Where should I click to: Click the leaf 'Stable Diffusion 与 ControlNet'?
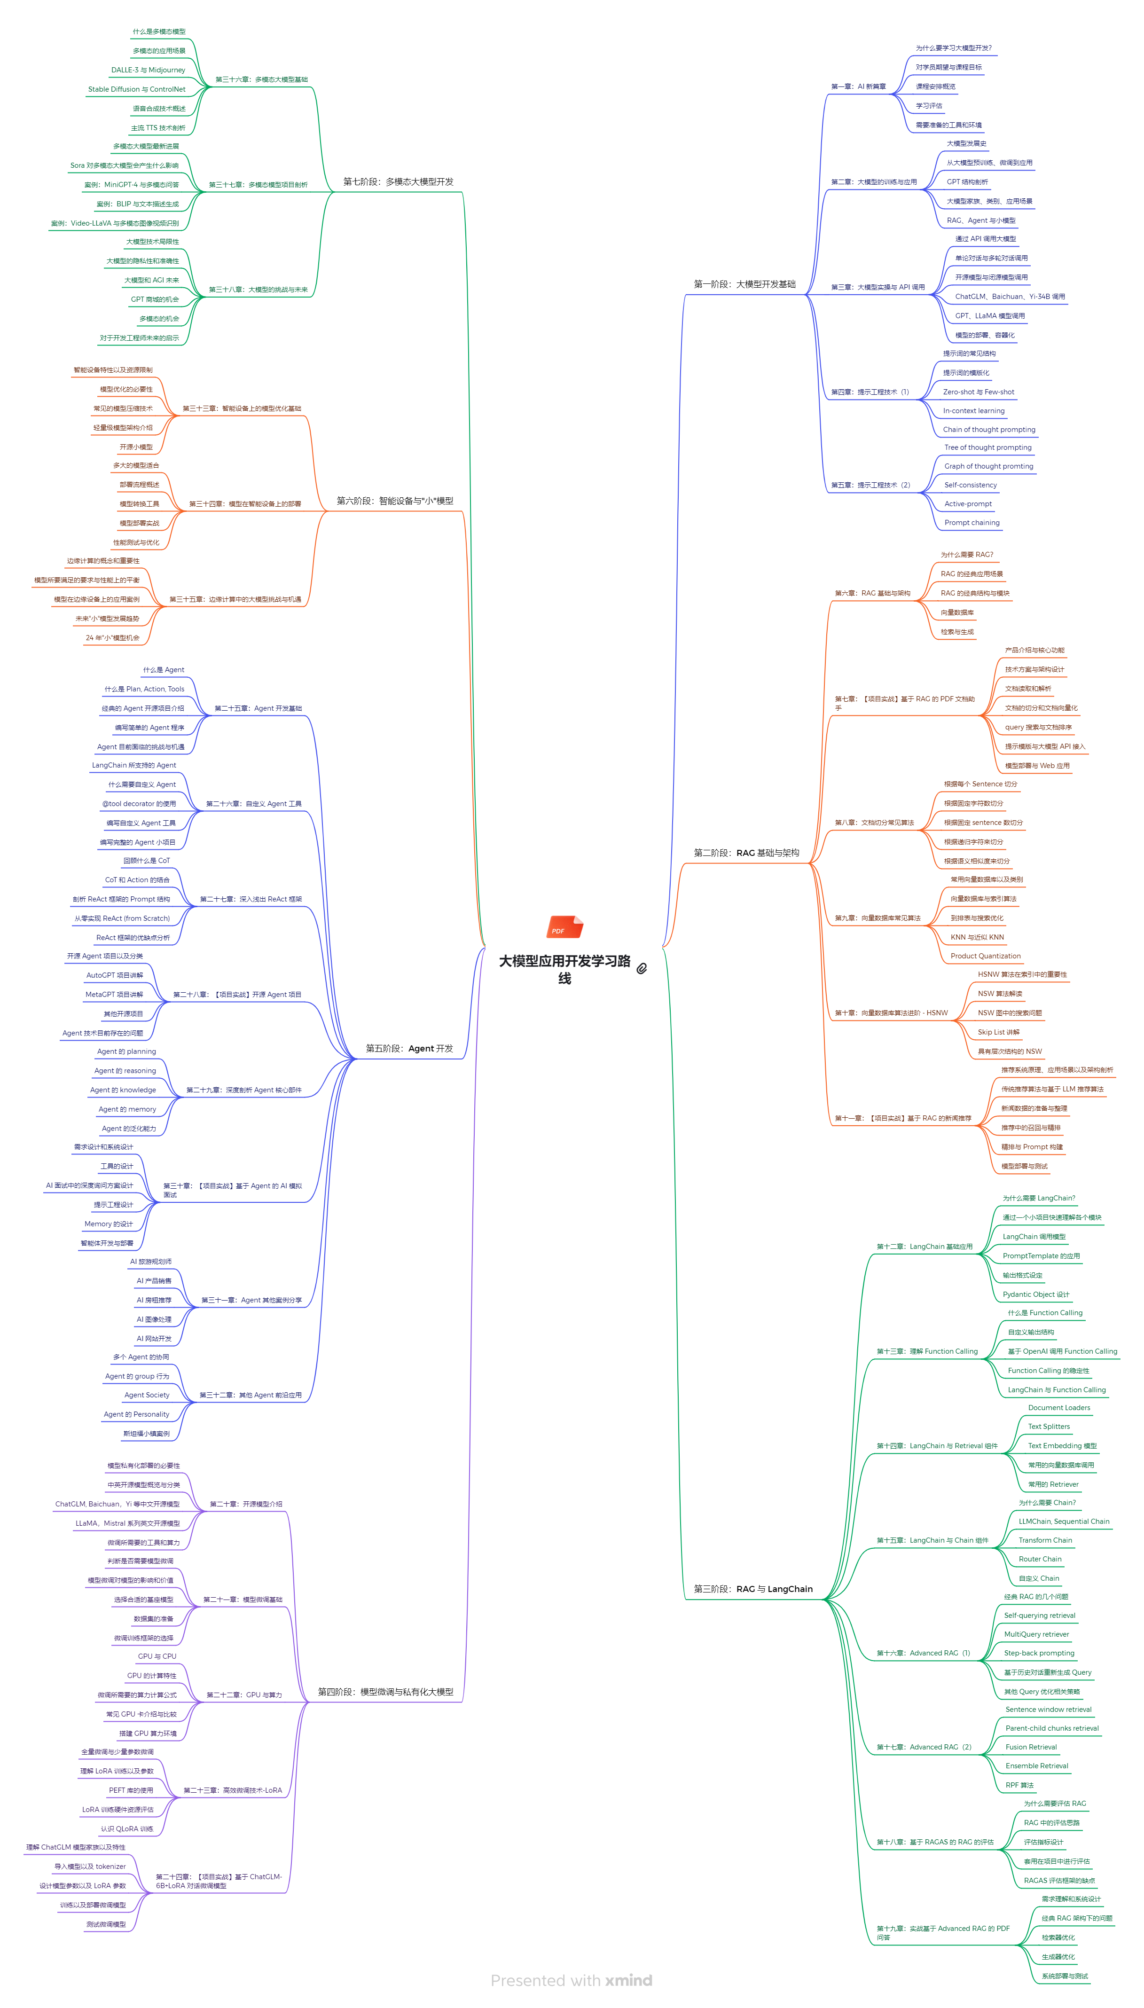click(137, 90)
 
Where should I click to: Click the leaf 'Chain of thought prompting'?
click(988, 430)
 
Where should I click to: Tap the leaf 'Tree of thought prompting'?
click(987, 448)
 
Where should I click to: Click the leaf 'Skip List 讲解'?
click(998, 1032)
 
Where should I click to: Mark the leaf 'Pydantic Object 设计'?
click(1035, 1294)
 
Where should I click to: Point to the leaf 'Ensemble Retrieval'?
click(1036, 1766)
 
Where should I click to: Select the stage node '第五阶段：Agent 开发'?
click(409, 1049)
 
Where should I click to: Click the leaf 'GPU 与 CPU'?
click(157, 1656)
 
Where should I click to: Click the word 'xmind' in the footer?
click(628, 1981)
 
